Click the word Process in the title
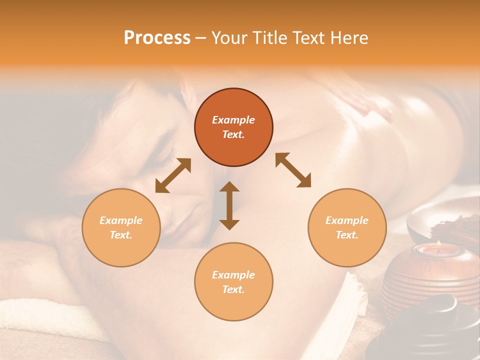tap(157, 38)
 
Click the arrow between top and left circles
tap(173, 175)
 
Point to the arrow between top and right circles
tap(293, 170)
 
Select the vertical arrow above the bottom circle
tap(229, 205)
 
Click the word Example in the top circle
tap(233, 120)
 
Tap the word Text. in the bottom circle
tap(233, 289)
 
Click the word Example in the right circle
tap(347, 220)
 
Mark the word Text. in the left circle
tap(121, 235)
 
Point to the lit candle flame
tap(438, 243)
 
